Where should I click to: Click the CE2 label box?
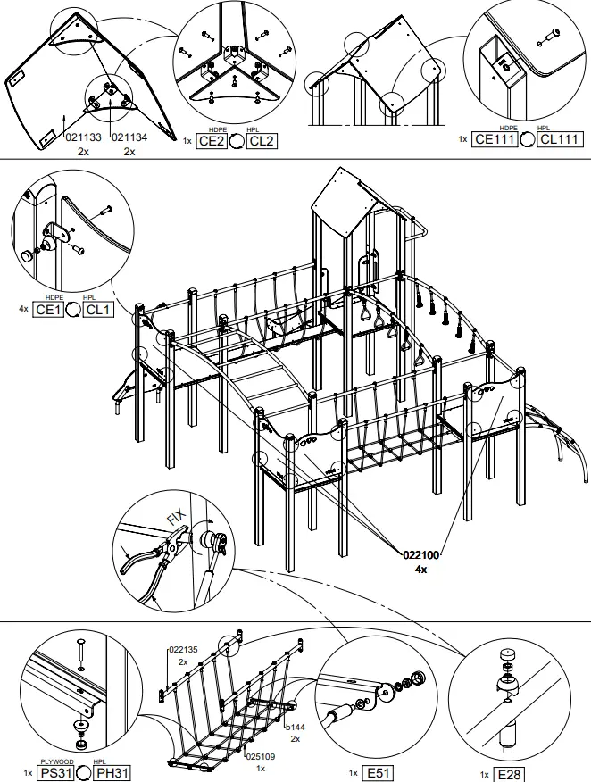[212, 140]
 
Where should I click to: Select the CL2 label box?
[262, 140]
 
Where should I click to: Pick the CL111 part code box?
[561, 139]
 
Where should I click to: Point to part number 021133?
[83, 137]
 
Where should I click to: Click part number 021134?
[129, 137]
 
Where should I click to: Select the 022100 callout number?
[421, 555]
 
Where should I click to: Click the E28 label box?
[510, 774]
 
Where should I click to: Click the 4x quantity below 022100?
[421, 569]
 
